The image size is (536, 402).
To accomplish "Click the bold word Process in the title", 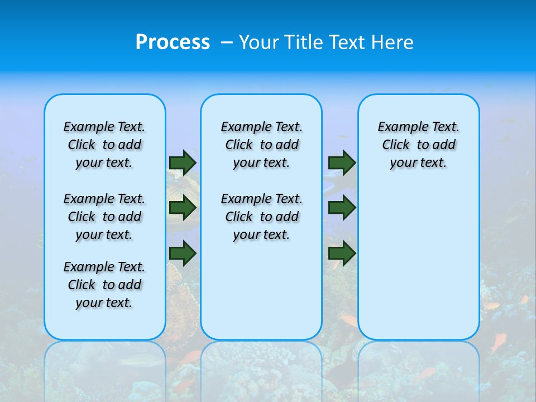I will [x=173, y=42].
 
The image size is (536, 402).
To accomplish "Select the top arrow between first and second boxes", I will [x=183, y=162].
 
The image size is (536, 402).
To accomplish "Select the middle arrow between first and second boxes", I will [x=183, y=208].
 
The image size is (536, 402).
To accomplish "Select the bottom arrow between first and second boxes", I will [x=183, y=253].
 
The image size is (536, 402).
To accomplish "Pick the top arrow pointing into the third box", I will [x=342, y=162].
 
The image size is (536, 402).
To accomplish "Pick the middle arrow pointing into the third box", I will [x=342, y=208].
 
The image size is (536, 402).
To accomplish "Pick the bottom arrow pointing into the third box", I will [x=342, y=253].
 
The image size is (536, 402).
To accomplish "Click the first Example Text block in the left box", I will [x=104, y=145].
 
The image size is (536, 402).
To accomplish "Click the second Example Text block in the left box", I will [x=104, y=217].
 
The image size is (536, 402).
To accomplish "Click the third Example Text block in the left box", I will [x=104, y=285].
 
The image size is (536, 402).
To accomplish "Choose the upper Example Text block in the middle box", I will [x=261, y=145].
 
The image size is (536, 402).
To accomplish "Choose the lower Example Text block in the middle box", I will [x=261, y=217].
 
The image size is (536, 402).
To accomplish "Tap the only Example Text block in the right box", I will [x=418, y=145].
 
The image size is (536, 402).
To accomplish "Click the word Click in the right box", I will [x=396, y=145].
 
